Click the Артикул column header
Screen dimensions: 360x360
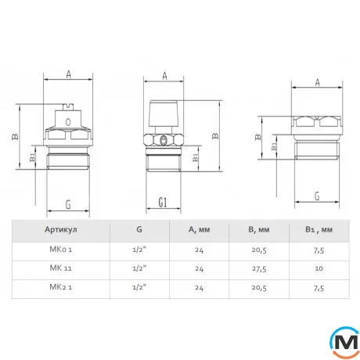(x=61, y=229)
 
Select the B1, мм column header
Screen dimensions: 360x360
(x=319, y=229)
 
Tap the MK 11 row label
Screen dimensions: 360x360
(x=60, y=268)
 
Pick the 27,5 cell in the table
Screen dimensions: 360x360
(x=259, y=268)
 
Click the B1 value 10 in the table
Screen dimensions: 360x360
(x=319, y=268)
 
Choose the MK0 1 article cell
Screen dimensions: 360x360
(x=61, y=249)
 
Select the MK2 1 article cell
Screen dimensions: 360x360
(x=61, y=287)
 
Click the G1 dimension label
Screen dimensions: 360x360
(x=163, y=202)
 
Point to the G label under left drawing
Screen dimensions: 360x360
(x=68, y=204)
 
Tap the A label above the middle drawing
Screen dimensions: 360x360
(x=164, y=76)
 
